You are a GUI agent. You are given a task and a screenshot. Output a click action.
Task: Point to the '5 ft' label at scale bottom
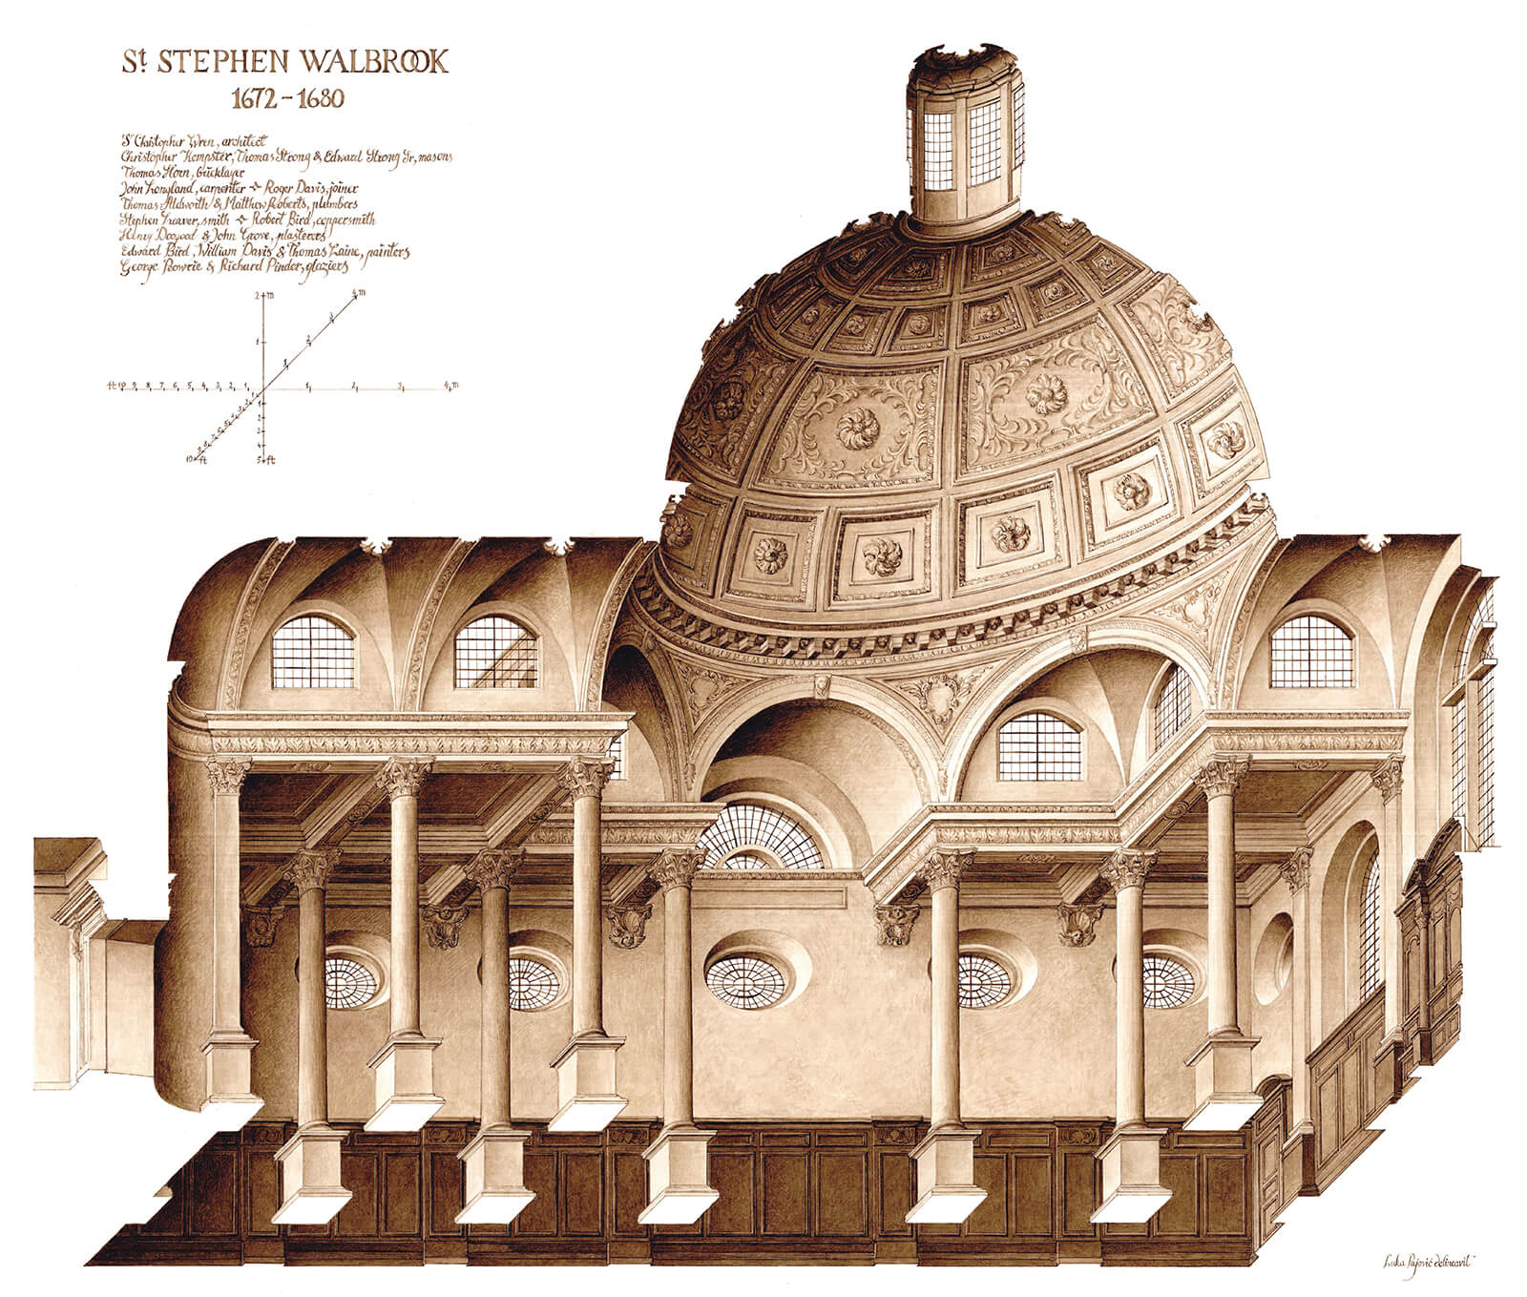pos(264,461)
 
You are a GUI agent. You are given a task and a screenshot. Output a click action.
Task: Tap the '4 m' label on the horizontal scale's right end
pos(451,385)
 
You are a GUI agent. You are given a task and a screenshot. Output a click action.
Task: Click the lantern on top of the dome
pos(965,134)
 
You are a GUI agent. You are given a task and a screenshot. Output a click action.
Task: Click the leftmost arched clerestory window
pos(313,652)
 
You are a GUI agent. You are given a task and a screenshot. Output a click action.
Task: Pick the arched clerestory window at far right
pos(1311,651)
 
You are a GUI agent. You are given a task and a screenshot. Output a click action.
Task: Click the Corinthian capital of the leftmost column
pos(227,776)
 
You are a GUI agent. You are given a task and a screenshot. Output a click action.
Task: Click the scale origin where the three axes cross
pos(261,388)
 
